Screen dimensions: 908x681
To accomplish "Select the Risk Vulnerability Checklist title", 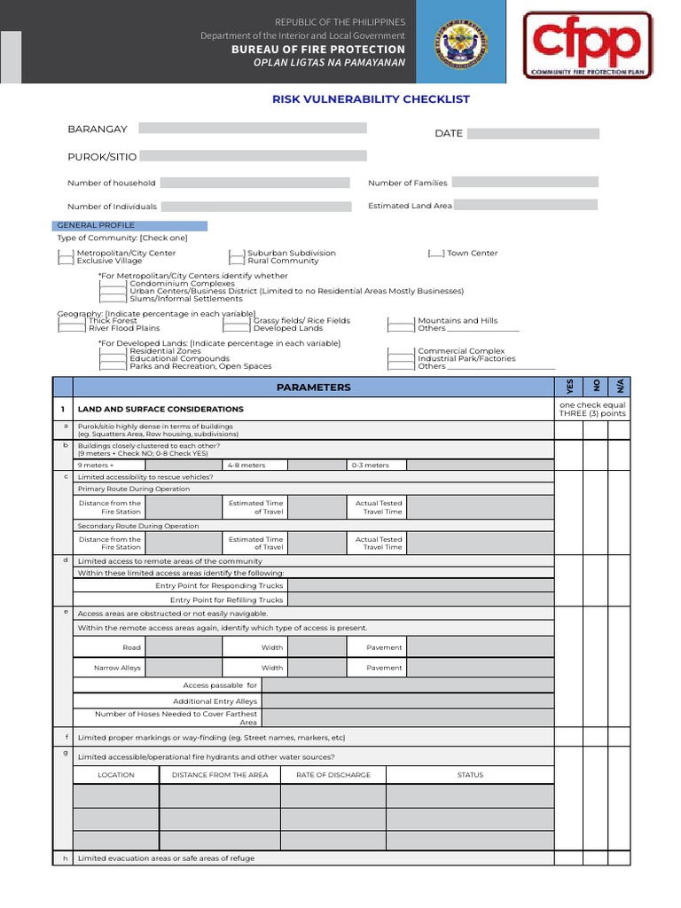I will (x=371, y=99).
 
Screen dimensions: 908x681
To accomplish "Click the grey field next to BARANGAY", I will (x=252, y=129).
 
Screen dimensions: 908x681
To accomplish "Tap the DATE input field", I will (x=533, y=134).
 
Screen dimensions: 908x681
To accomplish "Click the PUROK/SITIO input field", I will (x=252, y=156).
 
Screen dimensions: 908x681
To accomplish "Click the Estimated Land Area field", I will (x=526, y=205).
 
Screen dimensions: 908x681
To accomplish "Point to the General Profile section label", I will (x=131, y=226).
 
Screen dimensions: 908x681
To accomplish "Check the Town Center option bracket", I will (x=435, y=254).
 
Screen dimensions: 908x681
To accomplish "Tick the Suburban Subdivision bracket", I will (x=237, y=254).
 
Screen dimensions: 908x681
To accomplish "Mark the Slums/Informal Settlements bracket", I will (x=113, y=299).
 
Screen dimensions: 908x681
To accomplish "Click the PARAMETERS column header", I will (x=313, y=387).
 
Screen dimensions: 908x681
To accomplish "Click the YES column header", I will (x=569, y=387).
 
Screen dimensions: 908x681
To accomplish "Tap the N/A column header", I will (x=620, y=387).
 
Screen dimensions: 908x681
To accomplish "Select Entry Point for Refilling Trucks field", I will (x=421, y=600).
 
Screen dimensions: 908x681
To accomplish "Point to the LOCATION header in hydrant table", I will (x=116, y=775).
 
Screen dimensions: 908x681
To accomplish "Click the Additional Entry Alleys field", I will (x=409, y=701).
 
